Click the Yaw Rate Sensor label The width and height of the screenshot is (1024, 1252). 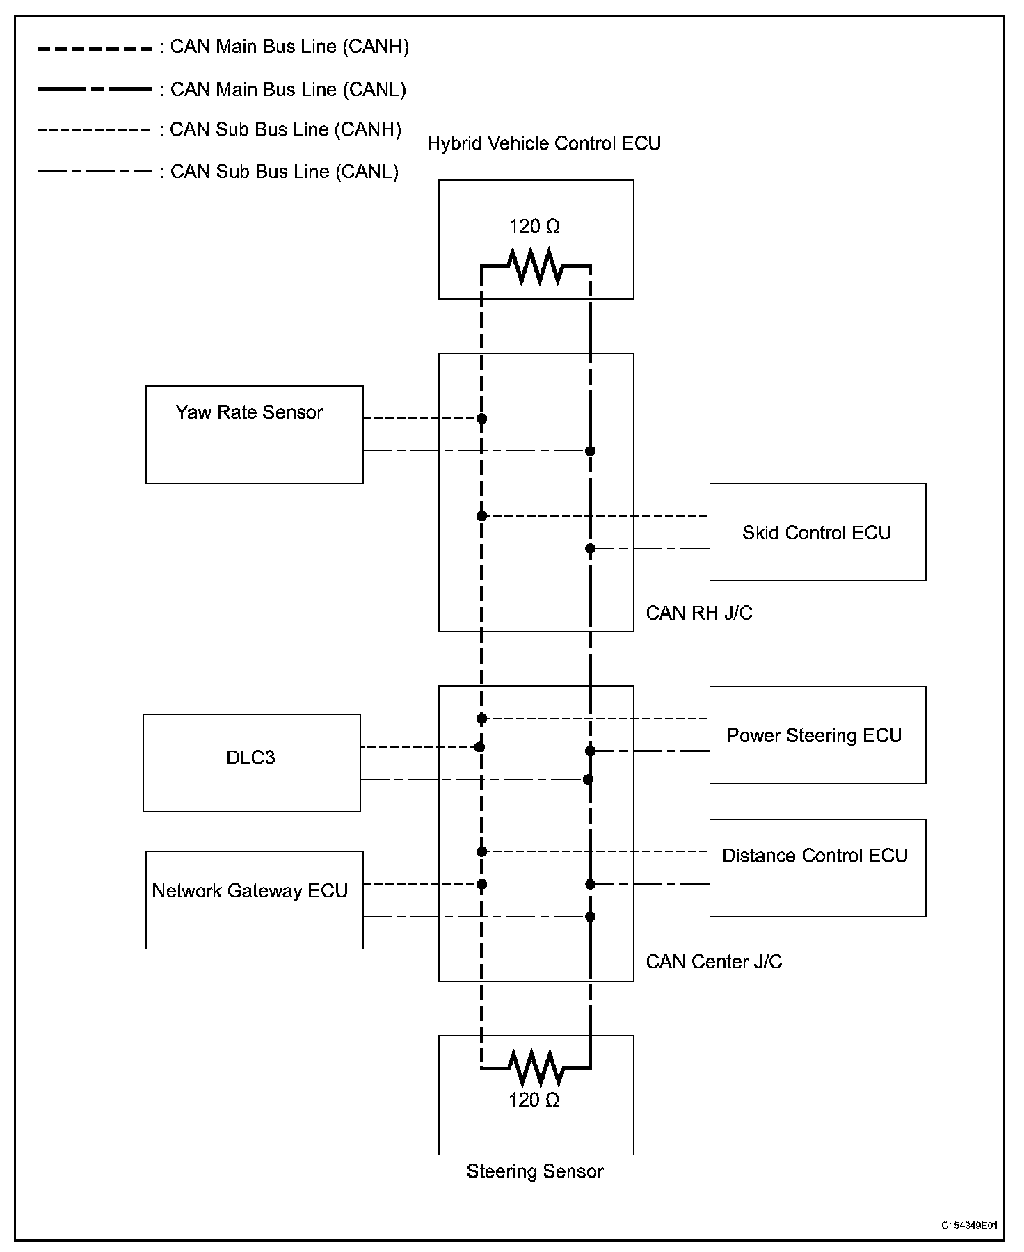[249, 412]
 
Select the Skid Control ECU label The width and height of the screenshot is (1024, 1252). [817, 533]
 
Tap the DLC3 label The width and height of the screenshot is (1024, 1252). [250, 757]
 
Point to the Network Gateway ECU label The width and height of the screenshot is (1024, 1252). [250, 891]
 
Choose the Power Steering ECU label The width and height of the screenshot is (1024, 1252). [814, 736]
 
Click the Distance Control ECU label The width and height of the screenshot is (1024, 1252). [815, 856]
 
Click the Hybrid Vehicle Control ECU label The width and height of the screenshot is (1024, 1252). [544, 143]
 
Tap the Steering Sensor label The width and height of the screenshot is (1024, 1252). [535, 1171]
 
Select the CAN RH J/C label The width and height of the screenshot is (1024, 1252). [699, 613]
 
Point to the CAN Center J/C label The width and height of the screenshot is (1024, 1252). [714, 961]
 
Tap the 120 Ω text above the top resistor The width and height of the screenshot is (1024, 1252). [534, 227]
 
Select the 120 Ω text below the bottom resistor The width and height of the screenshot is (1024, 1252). [534, 1100]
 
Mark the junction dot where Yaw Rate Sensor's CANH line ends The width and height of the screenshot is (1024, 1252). [481, 419]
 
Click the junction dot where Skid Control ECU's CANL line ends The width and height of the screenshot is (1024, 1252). [590, 549]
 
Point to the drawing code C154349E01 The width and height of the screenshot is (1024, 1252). [970, 1226]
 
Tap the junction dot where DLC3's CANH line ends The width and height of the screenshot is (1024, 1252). [479, 747]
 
